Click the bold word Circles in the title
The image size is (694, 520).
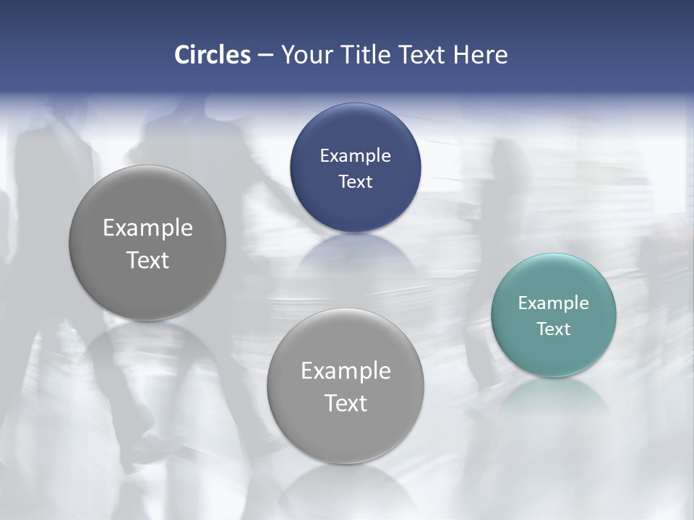pos(213,55)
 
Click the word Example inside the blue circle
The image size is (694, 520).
pos(355,156)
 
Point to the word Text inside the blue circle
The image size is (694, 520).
pos(355,182)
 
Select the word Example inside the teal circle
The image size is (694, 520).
pos(554,303)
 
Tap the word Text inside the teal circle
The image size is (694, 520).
pos(554,329)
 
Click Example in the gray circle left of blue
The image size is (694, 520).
pos(147,228)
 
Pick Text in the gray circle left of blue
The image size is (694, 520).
pos(147,260)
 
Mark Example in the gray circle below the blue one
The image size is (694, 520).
pos(346,371)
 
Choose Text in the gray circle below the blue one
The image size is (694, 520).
pos(346,403)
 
